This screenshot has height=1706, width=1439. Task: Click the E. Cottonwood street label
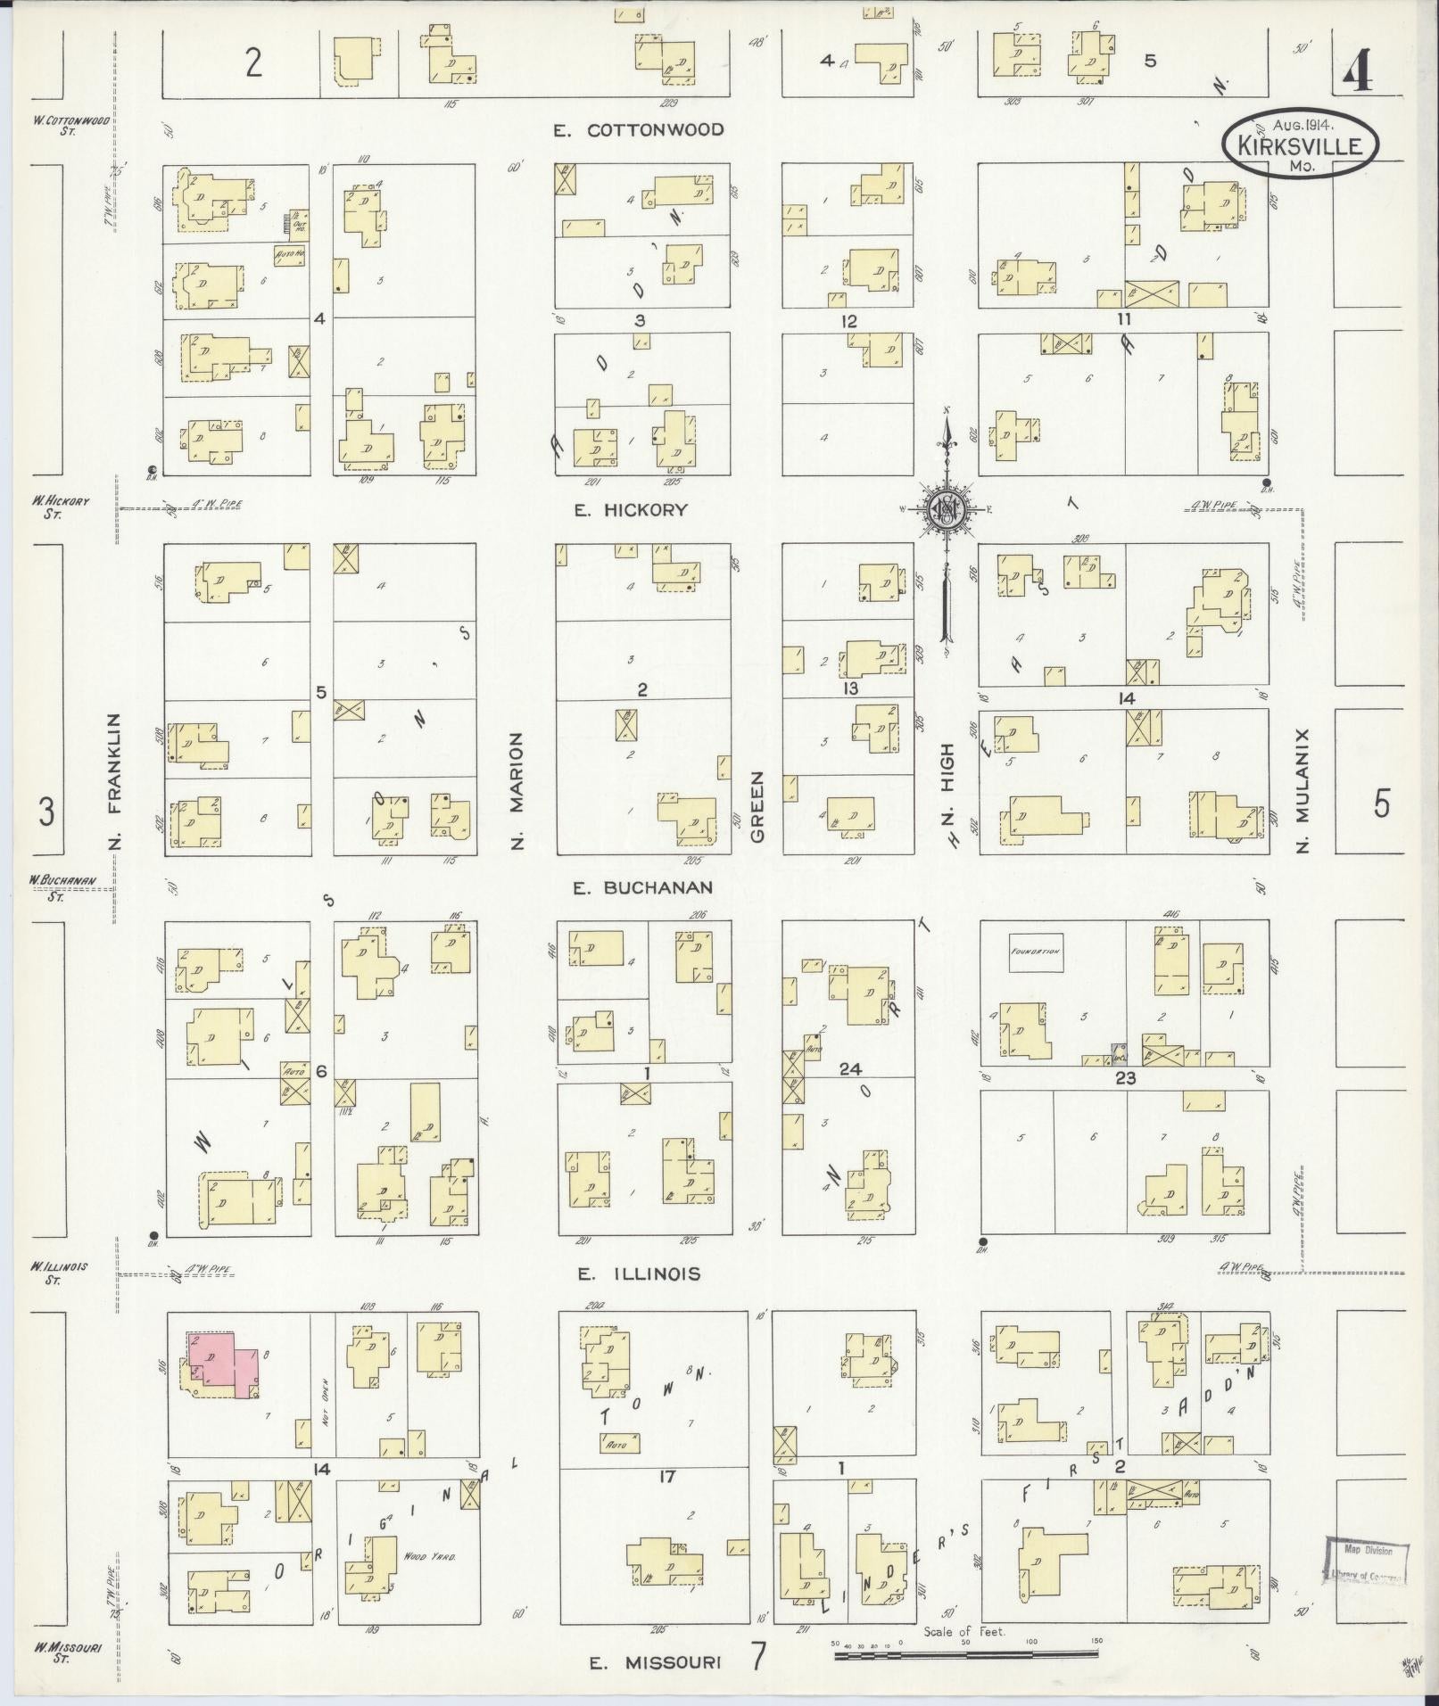(x=638, y=130)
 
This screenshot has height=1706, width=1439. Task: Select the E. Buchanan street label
(x=643, y=887)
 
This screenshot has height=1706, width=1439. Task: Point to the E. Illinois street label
(x=638, y=1274)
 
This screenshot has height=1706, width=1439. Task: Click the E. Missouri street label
(x=657, y=1662)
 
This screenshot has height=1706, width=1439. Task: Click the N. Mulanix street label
(x=1302, y=789)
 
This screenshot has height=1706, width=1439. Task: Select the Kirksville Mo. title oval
(x=1299, y=144)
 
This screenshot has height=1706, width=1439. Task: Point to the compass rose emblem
(x=946, y=510)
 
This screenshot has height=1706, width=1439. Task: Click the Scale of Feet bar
(x=967, y=1655)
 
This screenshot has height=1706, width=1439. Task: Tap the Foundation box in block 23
(x=1036, y=952)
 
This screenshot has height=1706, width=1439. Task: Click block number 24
(x=848, y=1069)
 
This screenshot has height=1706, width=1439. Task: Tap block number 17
(x=666, y=1477)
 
